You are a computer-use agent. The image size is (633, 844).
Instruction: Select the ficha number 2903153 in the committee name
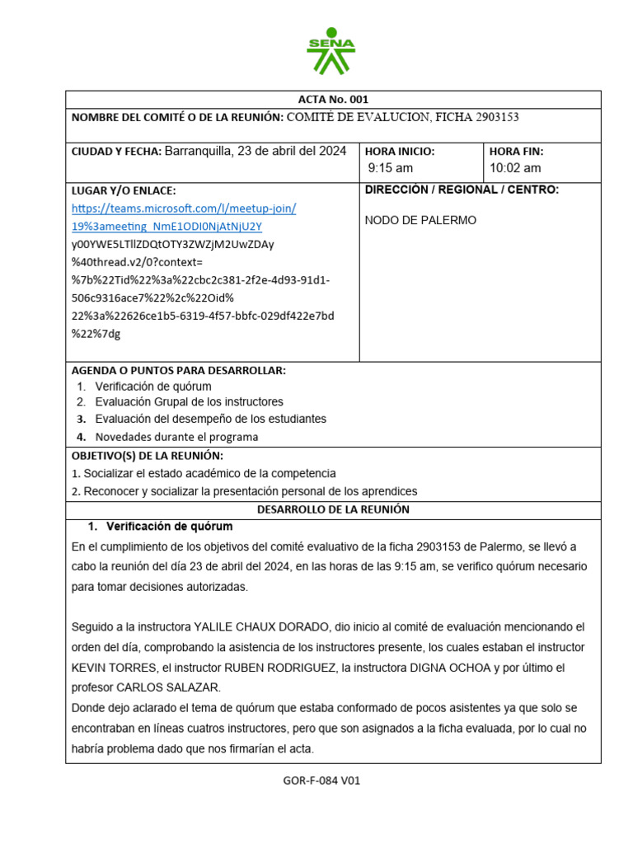click(497, 117)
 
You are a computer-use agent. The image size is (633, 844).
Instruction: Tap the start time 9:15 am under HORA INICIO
click(391, 168)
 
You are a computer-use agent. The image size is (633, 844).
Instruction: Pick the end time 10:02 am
click(515, 168)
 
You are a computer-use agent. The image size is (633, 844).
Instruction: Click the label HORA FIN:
click(516, 152)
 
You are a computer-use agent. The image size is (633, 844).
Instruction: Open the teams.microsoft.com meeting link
click(184, 209)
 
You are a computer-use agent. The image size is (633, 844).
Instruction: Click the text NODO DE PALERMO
click(420, 220)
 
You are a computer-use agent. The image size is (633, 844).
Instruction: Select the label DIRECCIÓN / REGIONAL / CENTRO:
click(462, 190)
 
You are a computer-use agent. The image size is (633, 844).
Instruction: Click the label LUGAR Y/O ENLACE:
click(124, 190)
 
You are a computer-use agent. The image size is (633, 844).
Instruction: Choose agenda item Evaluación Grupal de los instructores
click(189, 401)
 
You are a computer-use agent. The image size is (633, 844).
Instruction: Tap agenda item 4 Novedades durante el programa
click(176, 437)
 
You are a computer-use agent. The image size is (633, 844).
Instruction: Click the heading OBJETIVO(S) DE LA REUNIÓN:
click(148, 456)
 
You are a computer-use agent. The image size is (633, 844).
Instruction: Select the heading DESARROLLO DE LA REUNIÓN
click(333, 509)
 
